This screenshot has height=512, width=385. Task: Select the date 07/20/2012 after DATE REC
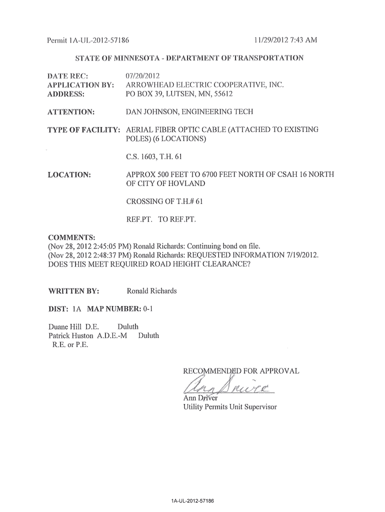144,76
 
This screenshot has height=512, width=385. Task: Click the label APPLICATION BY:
80,85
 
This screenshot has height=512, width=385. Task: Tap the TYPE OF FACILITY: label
83,130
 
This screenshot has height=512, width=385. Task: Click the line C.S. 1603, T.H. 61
152,157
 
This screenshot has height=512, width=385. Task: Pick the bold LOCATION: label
68,175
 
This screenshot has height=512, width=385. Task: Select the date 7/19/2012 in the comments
300,255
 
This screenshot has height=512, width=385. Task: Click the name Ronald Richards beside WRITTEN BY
151,291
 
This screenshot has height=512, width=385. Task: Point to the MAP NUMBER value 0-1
147,309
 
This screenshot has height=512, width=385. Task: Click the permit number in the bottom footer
192,500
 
